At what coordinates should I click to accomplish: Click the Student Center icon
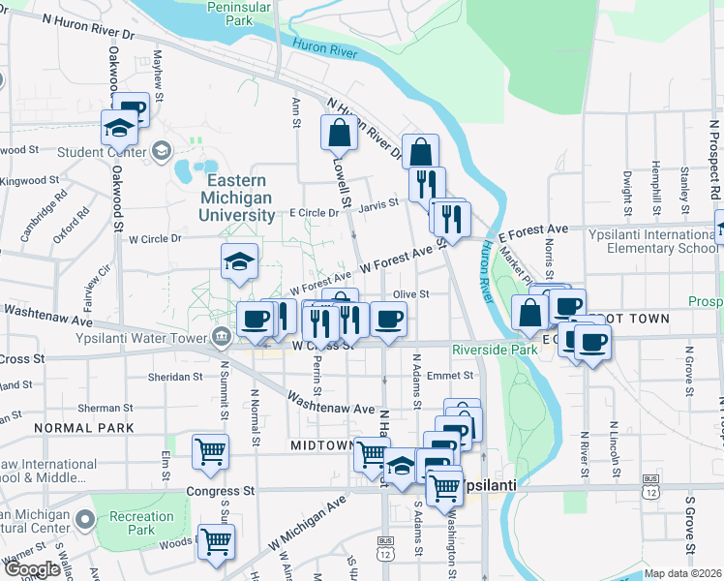(161, 151)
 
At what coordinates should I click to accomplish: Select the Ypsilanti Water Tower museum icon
(221, 338)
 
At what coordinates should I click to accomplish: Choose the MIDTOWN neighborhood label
(323, 444)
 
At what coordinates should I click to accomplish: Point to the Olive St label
(411, 294)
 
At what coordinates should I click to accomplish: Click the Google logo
(32, 570)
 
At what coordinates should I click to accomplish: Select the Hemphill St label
(657, 183)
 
